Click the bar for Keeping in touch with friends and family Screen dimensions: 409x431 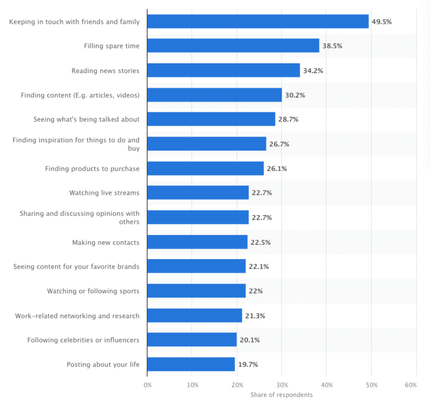258,21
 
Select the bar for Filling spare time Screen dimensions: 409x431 233,46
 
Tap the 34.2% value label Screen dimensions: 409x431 313,71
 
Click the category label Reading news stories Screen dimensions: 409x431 105,71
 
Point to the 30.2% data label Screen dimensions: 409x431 295,95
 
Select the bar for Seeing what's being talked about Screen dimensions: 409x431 211,120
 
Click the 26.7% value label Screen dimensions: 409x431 279,144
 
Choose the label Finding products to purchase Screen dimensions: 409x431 92,168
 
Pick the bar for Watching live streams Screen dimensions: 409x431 198,193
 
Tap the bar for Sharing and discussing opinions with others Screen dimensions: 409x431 198,217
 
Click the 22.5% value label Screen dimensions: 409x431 260,242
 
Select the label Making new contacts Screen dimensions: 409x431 106,242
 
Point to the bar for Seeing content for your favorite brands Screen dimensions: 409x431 196,266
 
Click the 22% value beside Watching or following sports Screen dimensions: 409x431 255,291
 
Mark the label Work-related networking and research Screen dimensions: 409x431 77,315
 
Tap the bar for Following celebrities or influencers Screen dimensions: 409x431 192,340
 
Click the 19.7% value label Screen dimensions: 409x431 247,365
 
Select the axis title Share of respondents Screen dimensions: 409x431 281,395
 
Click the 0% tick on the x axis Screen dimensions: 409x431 148,385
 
